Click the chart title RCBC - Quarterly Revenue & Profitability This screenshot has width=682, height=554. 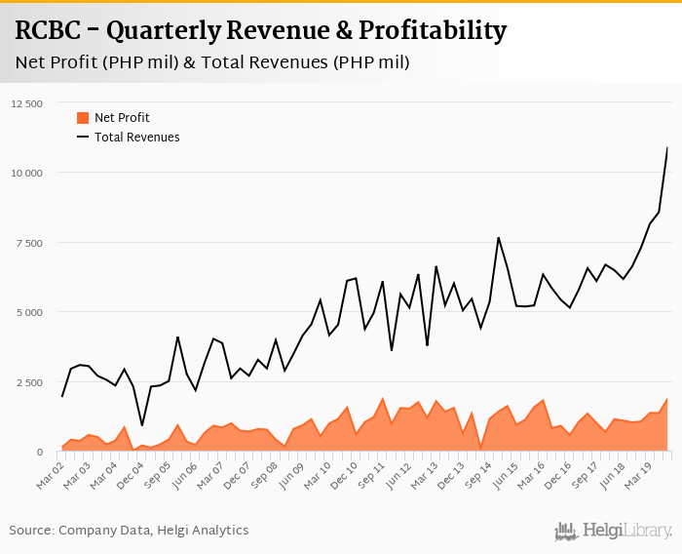click(x=260, y=31)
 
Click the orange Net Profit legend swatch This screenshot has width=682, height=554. click(x=83, y=118)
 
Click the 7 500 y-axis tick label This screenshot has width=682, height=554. click(x=29, y=243)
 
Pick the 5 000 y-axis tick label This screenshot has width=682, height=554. click(x=29, y=313)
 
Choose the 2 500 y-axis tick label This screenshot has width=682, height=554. click(x=29, y=382)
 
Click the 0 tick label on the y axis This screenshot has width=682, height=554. click(x=40, y=453)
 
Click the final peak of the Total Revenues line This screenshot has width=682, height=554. click(x=667, y=148)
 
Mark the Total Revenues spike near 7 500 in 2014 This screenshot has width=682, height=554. click(x=499, y=237)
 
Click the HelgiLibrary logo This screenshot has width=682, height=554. click(x=613, y=531)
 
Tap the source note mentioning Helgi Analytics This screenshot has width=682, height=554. click(x=129, y=531)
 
